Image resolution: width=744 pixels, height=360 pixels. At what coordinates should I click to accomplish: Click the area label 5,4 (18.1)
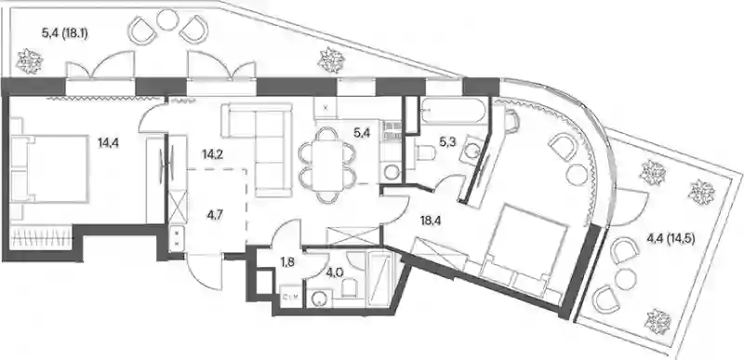(x=64, y=33)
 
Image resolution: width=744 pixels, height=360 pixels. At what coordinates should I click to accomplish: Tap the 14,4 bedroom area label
(x=108, y=142)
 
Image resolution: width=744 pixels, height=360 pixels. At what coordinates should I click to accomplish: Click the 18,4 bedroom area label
(x=432, y=220)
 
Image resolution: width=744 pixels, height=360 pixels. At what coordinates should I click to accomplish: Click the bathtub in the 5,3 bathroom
(x=452, y=111)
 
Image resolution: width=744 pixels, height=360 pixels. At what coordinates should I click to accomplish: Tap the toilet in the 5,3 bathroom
(x=425, y=153)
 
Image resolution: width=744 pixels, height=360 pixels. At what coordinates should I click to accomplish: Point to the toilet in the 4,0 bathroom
(x=350, y=287)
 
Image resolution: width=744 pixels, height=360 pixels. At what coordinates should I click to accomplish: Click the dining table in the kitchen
(x=327, y=166)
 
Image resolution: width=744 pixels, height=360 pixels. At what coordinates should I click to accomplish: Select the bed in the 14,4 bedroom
(x=49, y=168)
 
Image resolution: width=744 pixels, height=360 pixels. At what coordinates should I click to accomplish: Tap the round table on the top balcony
(x=167, y=20)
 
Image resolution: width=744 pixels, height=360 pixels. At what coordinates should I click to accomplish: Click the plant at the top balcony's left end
(x=30, y=61)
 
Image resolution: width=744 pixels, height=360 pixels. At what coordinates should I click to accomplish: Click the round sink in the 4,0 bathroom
(x=318, y=298)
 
